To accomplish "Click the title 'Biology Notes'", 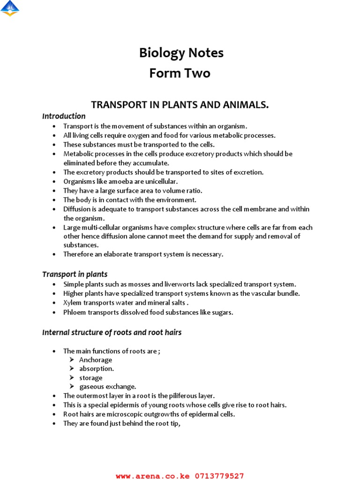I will (x=181, y=53).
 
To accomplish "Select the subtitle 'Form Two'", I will (x=180, y=74).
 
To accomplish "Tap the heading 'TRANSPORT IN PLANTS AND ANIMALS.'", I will (x=180, y=105).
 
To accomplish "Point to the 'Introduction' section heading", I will (x=64, y=116).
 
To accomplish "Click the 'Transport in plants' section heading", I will (x=75, y=274).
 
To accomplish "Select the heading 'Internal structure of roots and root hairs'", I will (x=112, y=332).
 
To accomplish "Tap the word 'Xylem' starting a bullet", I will (x=72, y=303).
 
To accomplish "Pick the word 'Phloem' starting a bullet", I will (x=74, y=312).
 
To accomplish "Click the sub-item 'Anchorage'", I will (x=96, y=360).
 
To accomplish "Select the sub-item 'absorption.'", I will (x=97, y=369).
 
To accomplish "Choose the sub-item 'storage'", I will (x=90, y=378).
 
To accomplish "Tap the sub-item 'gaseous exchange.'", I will (x=107, y=387).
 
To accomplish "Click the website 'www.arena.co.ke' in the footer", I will (x=153, y=476).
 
